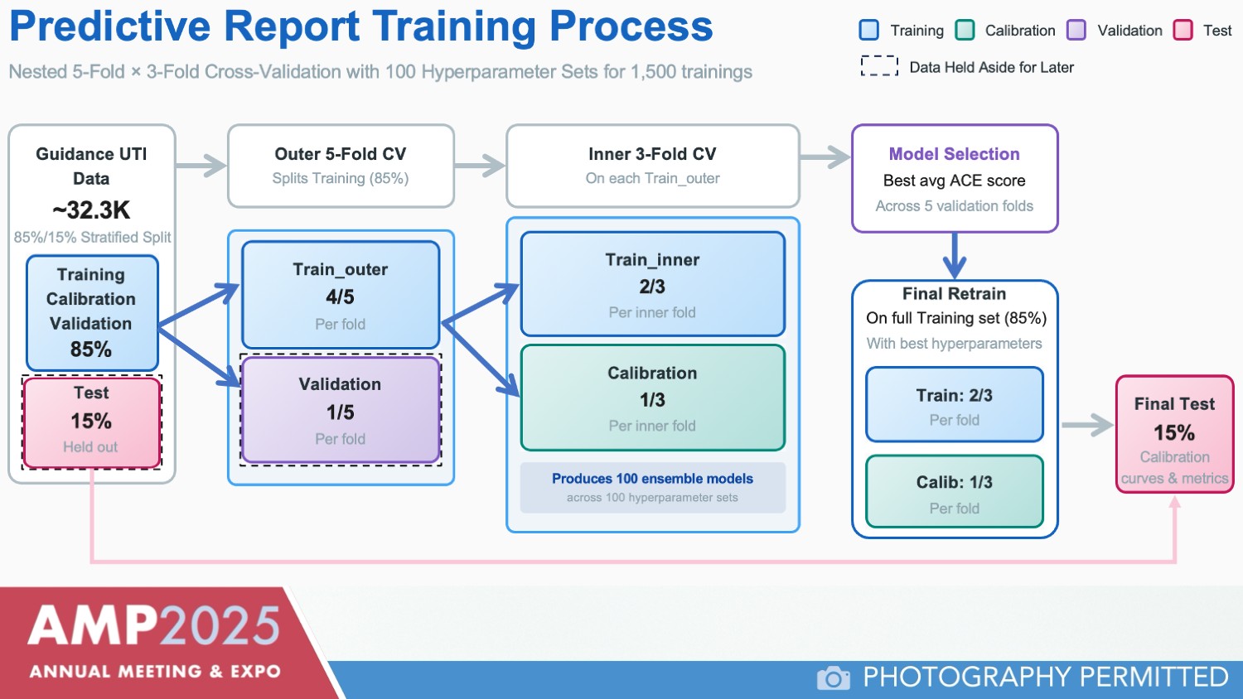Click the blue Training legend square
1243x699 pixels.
[869, 31]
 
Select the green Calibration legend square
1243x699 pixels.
[965, 31]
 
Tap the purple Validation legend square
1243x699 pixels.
[1076, 31]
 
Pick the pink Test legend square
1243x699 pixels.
[1183, 31]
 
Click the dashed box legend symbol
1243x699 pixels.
[879, 66]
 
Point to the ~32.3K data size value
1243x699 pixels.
[91, 210]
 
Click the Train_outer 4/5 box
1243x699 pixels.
[341, 295]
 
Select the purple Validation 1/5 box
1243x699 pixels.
[341, 410]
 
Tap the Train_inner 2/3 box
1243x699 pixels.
[652, 284]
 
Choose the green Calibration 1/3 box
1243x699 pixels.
[652, 398]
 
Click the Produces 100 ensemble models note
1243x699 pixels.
[652, 487]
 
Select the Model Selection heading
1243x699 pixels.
[954, 154]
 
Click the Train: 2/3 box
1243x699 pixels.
[954, 405]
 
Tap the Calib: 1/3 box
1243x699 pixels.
[954, 492]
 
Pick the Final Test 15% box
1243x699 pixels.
[1174, 434]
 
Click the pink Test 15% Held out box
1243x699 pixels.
[91, 422]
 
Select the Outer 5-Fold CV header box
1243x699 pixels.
[341, 165]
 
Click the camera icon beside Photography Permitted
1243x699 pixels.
[833, 677]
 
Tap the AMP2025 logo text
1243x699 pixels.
[154, 626]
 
